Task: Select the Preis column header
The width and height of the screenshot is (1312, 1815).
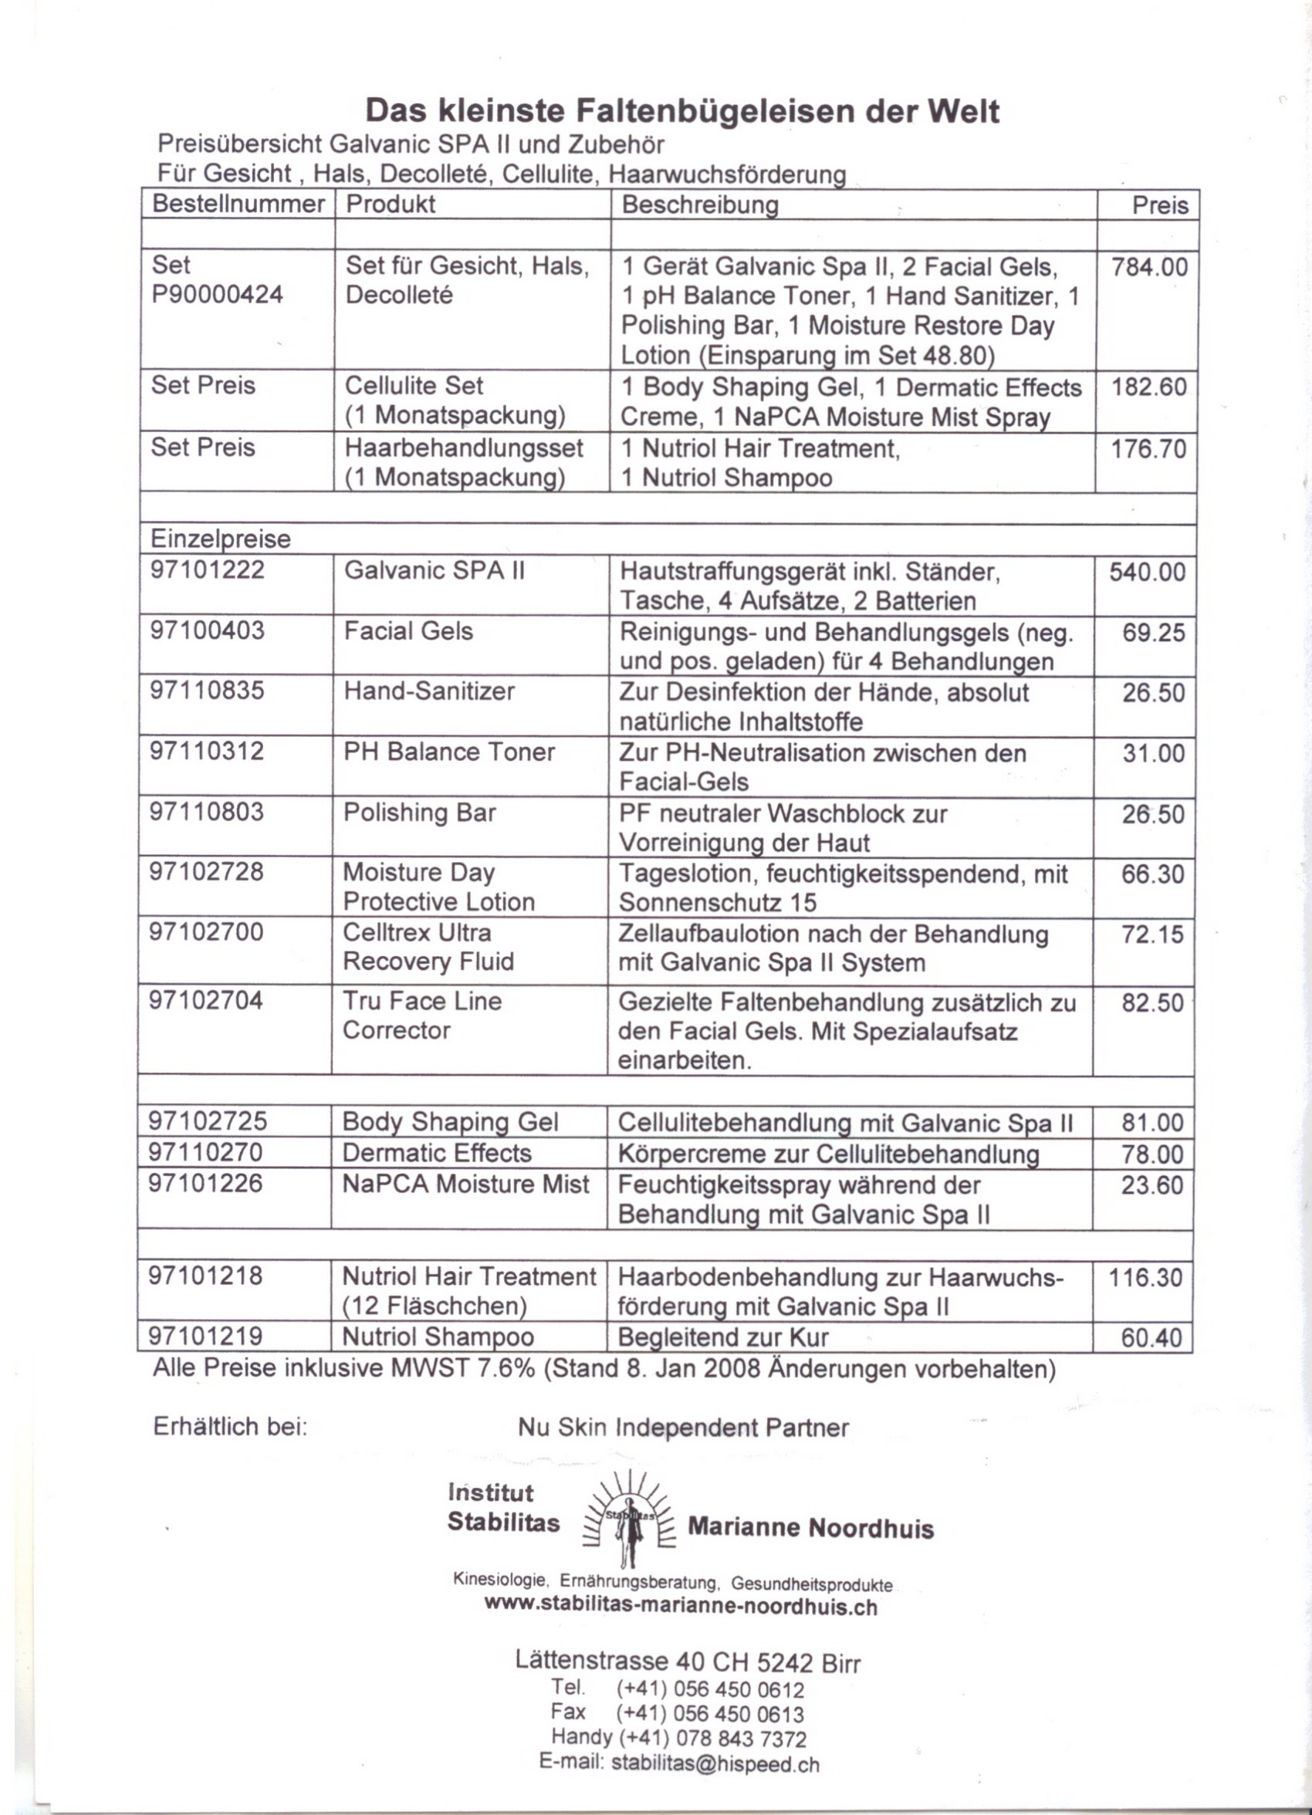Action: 1160,206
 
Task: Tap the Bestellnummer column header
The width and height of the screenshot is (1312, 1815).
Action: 238,204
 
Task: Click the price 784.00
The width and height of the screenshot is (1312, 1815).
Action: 1148,267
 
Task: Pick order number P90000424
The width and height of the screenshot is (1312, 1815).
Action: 217,295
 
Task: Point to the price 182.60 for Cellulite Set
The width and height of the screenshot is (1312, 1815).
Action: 1148,387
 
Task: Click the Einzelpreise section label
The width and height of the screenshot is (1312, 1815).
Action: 220,539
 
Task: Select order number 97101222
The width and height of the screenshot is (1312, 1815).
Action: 208,570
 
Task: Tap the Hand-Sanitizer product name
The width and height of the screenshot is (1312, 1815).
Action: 429,691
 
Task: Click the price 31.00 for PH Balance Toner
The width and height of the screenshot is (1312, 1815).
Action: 1153,754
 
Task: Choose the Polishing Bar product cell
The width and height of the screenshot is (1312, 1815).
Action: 420,813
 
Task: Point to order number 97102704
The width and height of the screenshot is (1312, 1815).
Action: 206,1000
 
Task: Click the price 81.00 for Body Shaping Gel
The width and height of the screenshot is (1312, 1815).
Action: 1152,1123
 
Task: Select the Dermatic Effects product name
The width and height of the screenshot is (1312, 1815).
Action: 436,1153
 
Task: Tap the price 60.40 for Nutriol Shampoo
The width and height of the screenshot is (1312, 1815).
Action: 1151,1338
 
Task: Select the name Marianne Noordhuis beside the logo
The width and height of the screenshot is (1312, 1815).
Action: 810,1529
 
